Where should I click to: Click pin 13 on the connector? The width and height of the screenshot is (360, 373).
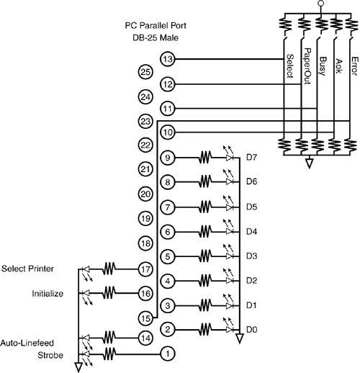[167, 59]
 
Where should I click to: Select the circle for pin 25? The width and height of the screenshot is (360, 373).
[145, 72]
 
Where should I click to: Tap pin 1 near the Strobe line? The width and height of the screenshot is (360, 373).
[167, 354]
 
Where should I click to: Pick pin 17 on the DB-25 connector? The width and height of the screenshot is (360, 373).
[145, 269]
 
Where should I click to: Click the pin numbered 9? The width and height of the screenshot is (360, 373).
[167, 158]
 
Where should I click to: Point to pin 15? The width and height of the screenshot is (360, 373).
[145, 318]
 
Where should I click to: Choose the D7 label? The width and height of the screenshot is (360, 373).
[251, 158]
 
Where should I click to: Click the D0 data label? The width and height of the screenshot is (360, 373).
[251, 330]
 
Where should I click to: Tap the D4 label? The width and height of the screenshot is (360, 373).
[251, 232]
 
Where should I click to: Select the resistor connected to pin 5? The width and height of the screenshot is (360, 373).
[205, 256]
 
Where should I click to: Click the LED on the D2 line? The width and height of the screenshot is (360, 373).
[229, 277]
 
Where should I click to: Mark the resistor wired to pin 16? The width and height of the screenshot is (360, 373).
[109, 293]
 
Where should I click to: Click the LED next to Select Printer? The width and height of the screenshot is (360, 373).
[86, 272]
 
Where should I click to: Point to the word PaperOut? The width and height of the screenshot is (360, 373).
[307, 66]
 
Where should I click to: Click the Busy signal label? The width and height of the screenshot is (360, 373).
[323, 66]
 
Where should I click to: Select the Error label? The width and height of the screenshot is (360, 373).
[354, 66]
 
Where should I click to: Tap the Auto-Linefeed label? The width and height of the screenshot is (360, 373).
[27, 343]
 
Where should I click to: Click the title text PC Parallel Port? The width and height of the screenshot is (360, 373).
[156, 25]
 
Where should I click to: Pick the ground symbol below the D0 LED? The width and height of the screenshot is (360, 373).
[239, 338]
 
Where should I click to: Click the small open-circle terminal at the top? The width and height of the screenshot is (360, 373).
[320, 4]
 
